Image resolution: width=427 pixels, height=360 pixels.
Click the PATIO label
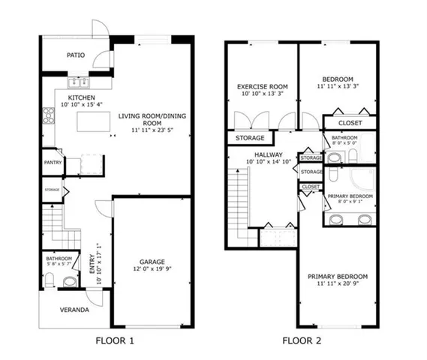click(x=75, y=55)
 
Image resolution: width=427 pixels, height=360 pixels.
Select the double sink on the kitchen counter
click(x=80, y=82)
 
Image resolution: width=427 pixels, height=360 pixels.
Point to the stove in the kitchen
click(x=50, y=115)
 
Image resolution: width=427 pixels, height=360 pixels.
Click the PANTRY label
click(x=51, y=161)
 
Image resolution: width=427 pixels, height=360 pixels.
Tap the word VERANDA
click(x=75, y=310)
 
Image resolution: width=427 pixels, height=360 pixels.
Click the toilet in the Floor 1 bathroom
click(x=50, y=280)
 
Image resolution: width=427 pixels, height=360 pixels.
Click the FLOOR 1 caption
click(x=116, y=340)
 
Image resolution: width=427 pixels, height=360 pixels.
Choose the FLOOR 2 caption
click(x=303, y=340)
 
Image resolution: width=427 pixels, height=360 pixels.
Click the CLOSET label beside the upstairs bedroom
click(x=350, y=122)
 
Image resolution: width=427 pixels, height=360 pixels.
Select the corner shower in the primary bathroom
click(x=362, y=178)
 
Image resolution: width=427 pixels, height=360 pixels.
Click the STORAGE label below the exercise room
click(x=250, y=138)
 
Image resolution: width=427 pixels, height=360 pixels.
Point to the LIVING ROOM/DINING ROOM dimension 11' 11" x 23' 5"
click(x=152, y=129)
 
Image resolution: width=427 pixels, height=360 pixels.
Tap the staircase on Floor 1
click(x=53, y=220)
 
